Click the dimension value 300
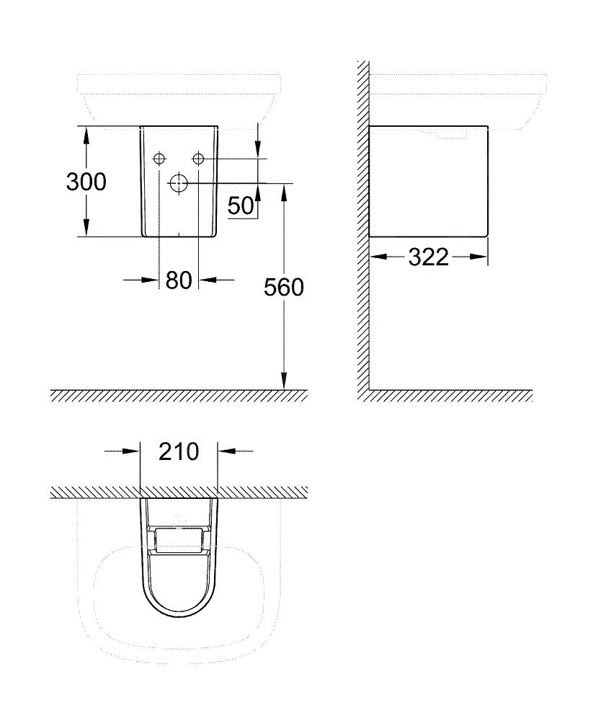pyautogui.click(x=86, y=182)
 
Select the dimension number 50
pyautogui.click(x=241, y=206)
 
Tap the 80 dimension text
pyautogui.click(x=179, y=280)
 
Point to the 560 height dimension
pyautogui.click(x=283, y=287)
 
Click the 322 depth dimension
pyautogui.click(x=428, y=257)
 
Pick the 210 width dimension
pyautogui.click(x=178, y=452)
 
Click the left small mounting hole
pyautogui.click(x=159, y=158)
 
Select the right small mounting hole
pyautogui.click(x=199, y=158)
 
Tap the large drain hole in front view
pyautogui.click(x=177, y=183)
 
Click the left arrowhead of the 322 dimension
pyautogui.click(x=377, y=257)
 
